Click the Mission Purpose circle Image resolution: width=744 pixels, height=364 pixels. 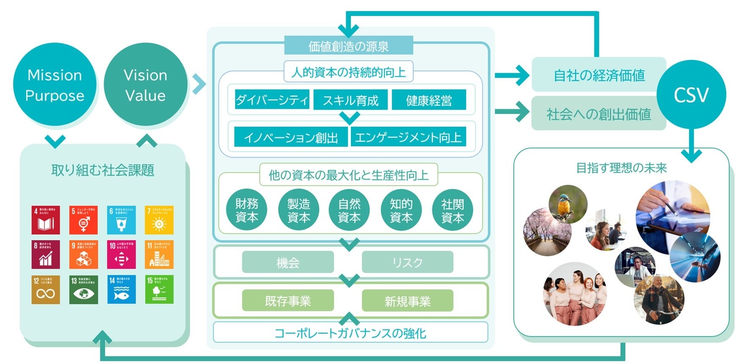pyautogui.click(x=54, y=85)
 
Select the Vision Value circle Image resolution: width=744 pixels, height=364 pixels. pyautogui.click(x=145, y=85)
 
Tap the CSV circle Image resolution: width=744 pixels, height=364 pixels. pyautogui.click(x=691, y=94)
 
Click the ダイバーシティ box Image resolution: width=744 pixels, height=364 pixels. pyautogui.click(x=272, y=100)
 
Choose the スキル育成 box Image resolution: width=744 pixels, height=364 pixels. pyautogui.click(x=350, y=100)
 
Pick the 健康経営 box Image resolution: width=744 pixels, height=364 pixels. pyautogui.click(x=429, y=100)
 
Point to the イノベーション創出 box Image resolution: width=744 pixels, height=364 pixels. pyautogui.click(x=291, y=137)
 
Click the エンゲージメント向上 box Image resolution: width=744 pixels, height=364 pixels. pyautogui.click(x=408, y=137)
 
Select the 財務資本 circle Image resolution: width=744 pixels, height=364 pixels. pyautogui.click(x=247, y=210)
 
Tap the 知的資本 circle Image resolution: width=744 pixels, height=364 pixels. pyautogui.click(x=401, y=210)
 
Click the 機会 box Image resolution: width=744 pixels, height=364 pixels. pyautogui.click(x=288, y=262)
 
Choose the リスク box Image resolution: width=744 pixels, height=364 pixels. pyautogui.click(x=407, y=262)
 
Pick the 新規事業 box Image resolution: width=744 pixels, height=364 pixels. pyautogui.click(x=407, y=301)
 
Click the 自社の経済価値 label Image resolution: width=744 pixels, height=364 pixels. pyautogui.click(x=599, y=75)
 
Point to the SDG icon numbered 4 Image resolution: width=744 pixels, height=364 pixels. pyautogui.click(x=46, y=220)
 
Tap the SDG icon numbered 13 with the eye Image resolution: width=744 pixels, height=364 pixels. pyautogui.click(x=84, y=290)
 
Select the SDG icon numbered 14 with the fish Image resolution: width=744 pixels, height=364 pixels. pyautogui.click(x=122, y=290)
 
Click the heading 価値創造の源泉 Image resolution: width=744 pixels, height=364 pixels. pyautogui.click(x=348, y=46)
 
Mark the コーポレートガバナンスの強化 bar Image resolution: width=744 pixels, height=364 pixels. pyautogui.click(x=350, y=333)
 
